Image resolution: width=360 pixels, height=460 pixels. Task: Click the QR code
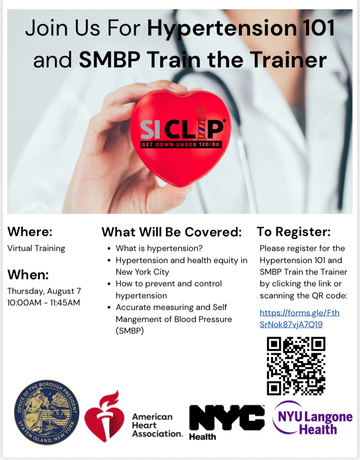[x=296, y=366]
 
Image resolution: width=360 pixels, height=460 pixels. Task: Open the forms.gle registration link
[x=299, y=319]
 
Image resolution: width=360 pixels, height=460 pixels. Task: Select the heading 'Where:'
[x=30, y=232]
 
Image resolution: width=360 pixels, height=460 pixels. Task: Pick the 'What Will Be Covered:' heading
[x=172, y=232]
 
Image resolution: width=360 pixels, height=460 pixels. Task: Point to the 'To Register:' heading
[x=293, y=232]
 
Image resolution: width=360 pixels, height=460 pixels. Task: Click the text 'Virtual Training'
[x=36, y=248]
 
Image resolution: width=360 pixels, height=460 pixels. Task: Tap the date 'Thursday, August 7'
[x=44, y=291]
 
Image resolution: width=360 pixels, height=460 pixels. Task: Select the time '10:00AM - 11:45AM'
[x=44, y=302]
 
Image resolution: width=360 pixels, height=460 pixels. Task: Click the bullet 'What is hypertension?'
[x=159, y=248]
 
